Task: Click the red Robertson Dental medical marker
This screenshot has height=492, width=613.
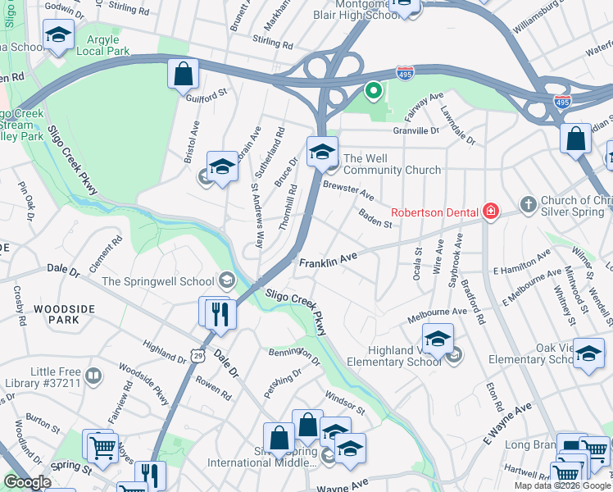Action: click(x=490, y=212)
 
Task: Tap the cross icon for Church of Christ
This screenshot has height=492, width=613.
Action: click(x=529, y=203)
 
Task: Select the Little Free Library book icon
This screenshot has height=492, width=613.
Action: click(x=93, y=377)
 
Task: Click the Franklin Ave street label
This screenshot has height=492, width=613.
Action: click(x=328, y=262)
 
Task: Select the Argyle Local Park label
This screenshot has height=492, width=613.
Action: click(x=103, y=44)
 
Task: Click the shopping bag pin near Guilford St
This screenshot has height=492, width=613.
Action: click(x=184, y=74)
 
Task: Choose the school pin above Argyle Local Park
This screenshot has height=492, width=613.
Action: click(x=58, y=35)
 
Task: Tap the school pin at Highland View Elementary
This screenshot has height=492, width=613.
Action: click(x=438, y=339)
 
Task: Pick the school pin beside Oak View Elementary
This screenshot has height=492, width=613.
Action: click(x=588, y=353)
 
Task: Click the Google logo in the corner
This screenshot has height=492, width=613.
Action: click(x=28, y=482)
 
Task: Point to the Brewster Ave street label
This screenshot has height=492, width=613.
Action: click(x=348, y=192)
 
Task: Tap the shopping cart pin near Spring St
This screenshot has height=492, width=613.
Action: click(x=102, y=448)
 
